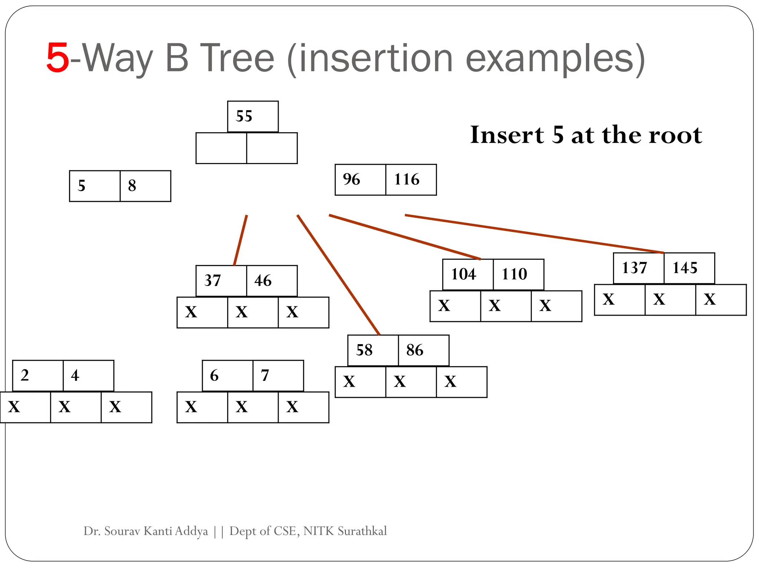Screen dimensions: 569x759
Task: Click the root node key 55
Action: [253, 116]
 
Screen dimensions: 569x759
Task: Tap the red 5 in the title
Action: [58, 58]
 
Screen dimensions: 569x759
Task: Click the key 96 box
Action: [360, 180]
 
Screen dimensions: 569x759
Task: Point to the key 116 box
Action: [411, 180]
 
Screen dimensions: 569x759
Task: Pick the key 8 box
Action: [145, 186]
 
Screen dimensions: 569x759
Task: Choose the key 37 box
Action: [221, 281]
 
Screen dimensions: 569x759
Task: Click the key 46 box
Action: [272, 281]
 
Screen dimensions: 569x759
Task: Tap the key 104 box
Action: [468, 274]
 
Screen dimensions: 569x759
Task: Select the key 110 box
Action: [518, 274]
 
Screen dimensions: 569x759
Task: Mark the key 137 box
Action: [639, 268]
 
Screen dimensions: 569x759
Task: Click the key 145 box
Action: [689, 268]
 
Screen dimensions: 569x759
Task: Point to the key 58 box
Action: [373, 350]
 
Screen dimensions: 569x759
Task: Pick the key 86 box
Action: [424, 350]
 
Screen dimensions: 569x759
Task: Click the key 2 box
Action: [38, 376]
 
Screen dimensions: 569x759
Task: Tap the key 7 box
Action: [278, 376]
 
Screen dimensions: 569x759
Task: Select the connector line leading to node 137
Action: [534, 234]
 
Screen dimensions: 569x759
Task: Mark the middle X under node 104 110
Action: [506, 306]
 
